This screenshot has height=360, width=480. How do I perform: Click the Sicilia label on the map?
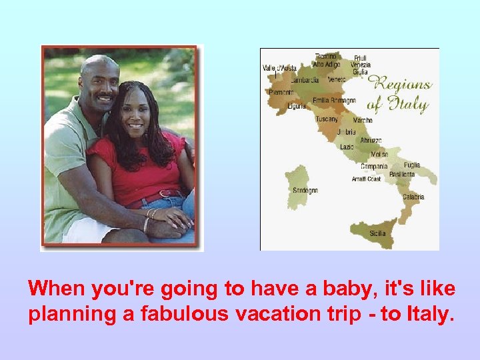[377, 234]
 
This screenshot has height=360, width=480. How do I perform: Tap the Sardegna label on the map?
[305, 190]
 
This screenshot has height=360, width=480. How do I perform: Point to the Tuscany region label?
[327, 119]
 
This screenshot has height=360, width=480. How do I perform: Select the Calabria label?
[413, 197]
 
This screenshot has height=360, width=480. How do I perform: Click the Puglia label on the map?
[412, 165]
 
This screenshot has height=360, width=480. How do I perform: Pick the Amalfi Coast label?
[367, 179]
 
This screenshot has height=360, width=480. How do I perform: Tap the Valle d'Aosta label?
[279, 68]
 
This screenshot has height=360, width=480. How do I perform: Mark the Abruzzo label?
[371, 140]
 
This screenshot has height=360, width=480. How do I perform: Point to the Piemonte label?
[281, 92]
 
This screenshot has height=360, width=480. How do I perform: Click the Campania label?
[374, 166]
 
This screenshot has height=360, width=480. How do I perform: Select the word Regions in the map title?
[400, 84]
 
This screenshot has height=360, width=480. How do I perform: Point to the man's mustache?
[104, 98]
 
